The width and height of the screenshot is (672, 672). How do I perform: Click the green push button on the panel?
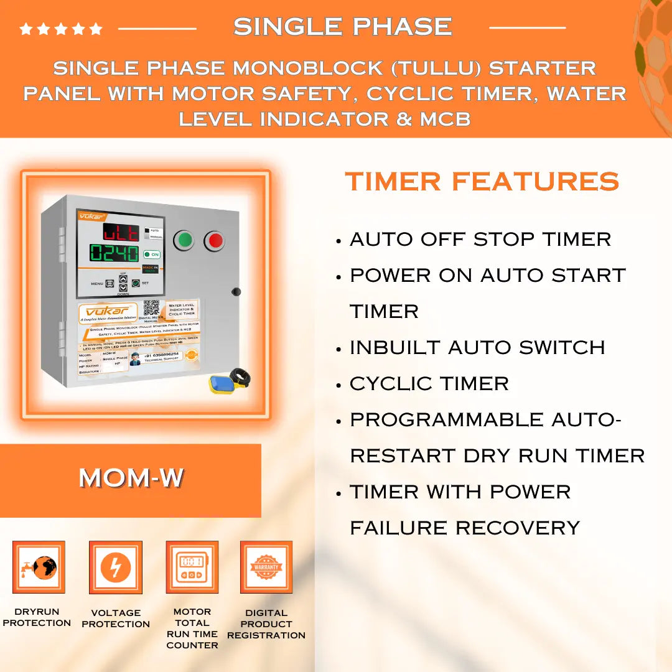[x=184, y=240]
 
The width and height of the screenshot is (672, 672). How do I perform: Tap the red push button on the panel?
[x=214, y=240]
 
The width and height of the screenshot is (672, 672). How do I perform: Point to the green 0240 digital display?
[x=114, y=253]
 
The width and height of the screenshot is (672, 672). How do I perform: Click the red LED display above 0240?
[x=121, y=233]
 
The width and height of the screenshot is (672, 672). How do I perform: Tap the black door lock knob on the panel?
[x=236, y=291]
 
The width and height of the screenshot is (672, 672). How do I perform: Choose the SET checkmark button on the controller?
[x=135, y=283]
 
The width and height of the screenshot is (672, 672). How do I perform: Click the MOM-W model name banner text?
[x=131, y=478]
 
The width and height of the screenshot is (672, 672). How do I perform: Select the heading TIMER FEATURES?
[x=482, y=182]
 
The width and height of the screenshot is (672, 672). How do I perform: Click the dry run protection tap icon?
[x=39, y=567]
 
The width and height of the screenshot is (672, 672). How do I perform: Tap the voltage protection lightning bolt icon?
[x=116, y=567]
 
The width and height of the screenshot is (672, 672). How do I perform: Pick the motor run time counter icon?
[x=192, y=567]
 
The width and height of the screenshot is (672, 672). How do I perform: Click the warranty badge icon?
[x=266, y=567]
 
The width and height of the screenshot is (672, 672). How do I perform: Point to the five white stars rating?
[x=61, y=29]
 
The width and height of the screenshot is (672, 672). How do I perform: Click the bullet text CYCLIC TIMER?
[x=429, y=383]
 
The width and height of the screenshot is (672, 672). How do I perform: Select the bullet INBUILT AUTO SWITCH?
[x=477, y=347]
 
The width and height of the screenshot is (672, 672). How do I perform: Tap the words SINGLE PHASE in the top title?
[x=343, y=27]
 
